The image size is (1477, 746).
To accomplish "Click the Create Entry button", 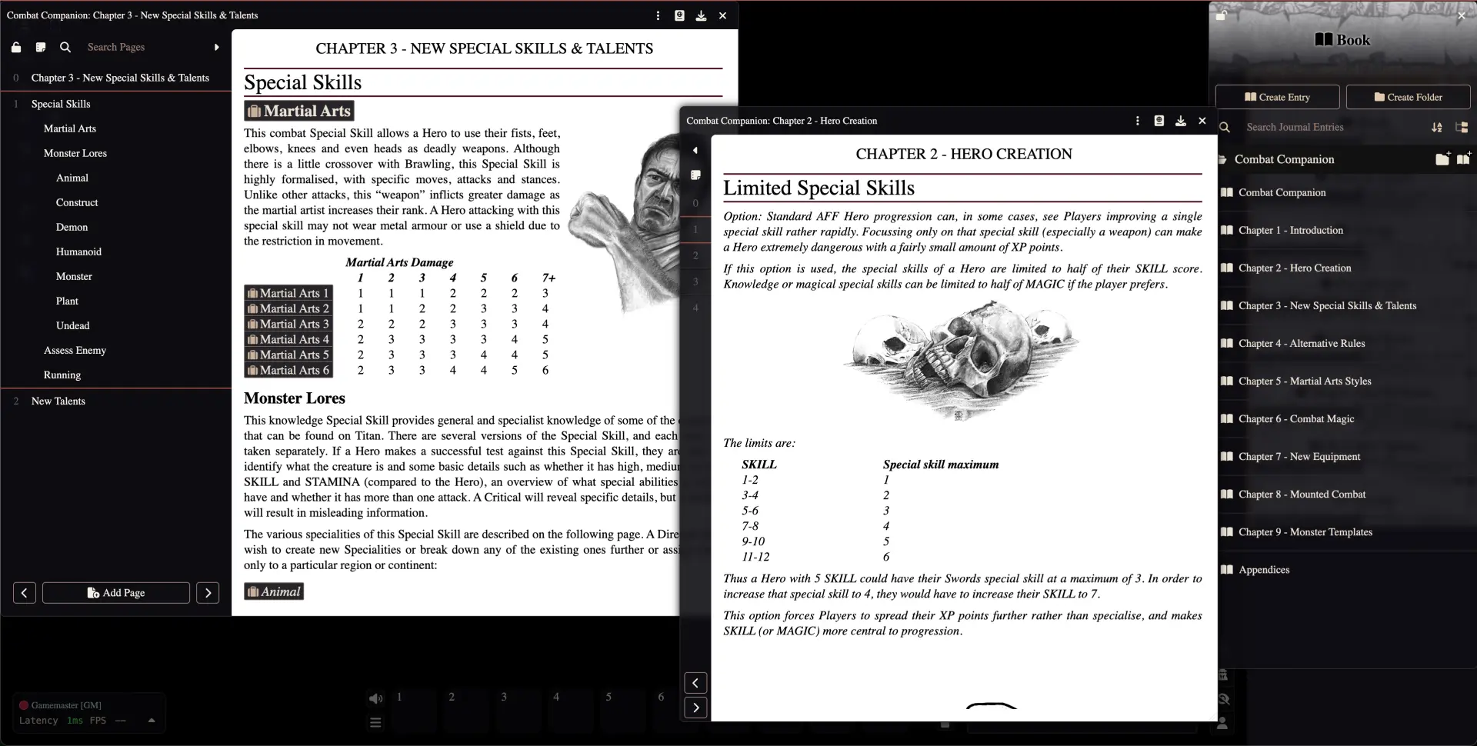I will (x=1277, y=97).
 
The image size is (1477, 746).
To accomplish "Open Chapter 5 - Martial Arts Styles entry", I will (x=1304, y=381).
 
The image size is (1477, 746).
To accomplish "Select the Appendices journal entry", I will (x=1263, y=570).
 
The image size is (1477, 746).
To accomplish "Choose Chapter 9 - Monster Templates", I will (x=1305, y=532).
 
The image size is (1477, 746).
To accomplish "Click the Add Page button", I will (x=116, y=593).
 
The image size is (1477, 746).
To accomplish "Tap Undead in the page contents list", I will (x=72, y=325).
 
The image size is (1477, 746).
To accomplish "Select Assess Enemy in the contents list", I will (x=75, y=350).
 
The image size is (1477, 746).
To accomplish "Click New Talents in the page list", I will (x=58, y=401).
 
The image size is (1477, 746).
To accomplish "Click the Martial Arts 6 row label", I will (x=288, y=370).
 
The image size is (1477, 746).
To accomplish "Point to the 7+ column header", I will (x=548, y=278).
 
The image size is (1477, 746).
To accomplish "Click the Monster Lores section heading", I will (x=294, y=398).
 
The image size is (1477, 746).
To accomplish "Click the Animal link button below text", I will (x=274, y=591).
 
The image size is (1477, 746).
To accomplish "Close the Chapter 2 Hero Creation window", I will (x=1202, y=121).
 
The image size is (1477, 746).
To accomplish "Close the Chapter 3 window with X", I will (x=722, y=15).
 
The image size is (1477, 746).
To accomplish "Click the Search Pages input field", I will (x=146, y=47).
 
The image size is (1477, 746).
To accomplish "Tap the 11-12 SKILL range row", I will (x=755, y=557).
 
